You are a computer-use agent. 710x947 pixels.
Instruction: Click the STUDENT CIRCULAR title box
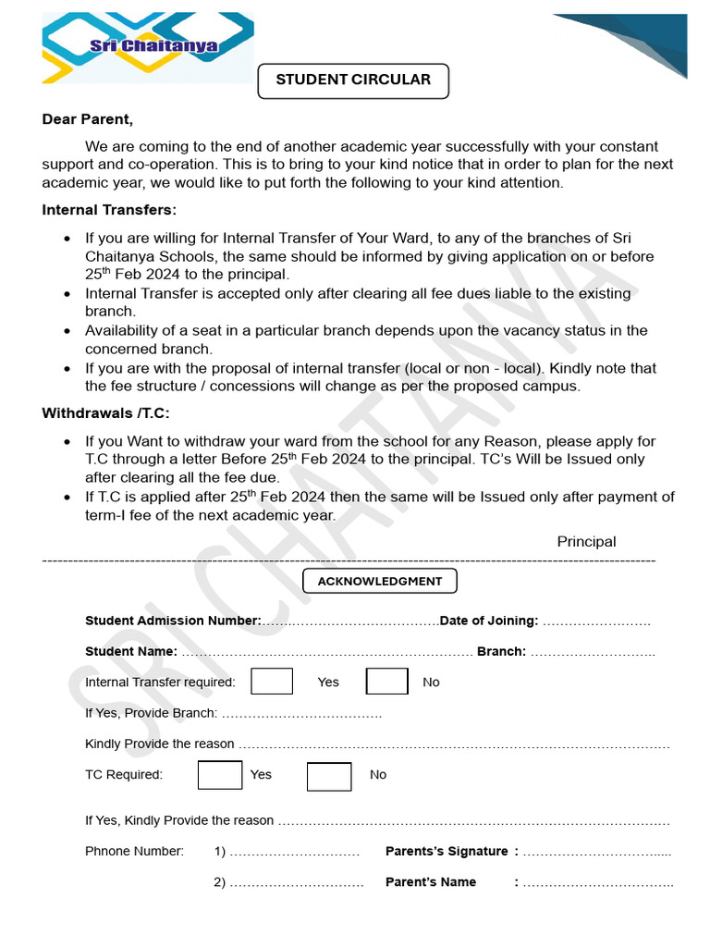pyautogui.click(x=352, y=80)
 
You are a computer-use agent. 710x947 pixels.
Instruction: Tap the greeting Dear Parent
pyautogui.click(x=88, y=119)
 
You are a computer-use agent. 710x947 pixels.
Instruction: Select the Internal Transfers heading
pyautogui.click(x=109, y=210)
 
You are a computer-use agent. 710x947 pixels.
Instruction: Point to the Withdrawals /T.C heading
pyautogui.click(x=105, y=413)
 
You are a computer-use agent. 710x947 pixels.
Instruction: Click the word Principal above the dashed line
pyautogui.click(x=586, y=542)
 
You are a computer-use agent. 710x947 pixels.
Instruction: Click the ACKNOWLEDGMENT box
pyautogui.click(x=380, y=582)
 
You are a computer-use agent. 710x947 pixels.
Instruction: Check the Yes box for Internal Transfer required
pyautogui.click(x=272, y=682)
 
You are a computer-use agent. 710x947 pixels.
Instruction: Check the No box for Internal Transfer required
pyautogui.click(x=386, y=682)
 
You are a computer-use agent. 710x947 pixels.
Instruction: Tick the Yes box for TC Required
pyautogui.click(x=220, y=775)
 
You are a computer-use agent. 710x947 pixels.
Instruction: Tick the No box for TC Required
pyautogui.click(x=329, y=776)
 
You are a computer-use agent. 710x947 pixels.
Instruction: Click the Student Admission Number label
pyautogui.click(x=173, y=621)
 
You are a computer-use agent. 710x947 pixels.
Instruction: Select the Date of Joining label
pyautogui.click(x=489, y=621)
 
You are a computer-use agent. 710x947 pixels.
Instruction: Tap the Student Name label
pyautogui.click(x=131, y=651)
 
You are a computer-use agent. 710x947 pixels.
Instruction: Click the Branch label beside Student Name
pyautogui.click(x=501, y=651)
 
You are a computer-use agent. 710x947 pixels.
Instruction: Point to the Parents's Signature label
pyautogui.click(x=447, y=851)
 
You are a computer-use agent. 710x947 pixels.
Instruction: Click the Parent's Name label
pyautogui.click(x=431, y=882)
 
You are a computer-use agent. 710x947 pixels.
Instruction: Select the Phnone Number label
pyautogui.click(x=134, y=851)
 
